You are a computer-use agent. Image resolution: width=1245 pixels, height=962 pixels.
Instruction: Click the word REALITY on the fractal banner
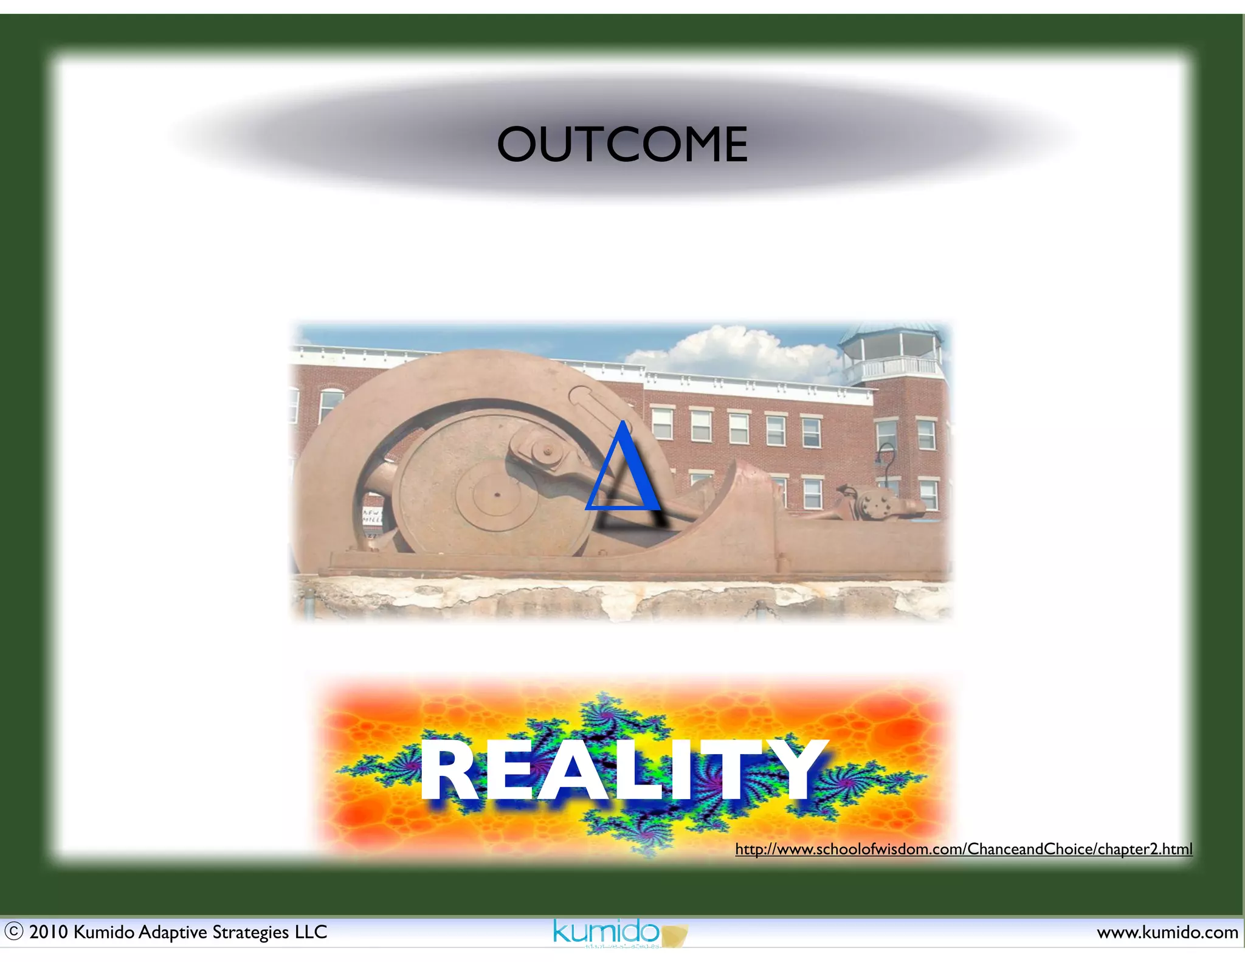point(623,772)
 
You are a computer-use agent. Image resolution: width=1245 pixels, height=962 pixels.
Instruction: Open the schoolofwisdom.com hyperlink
point(964,848)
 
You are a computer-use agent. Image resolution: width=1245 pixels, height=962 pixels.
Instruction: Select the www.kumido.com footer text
point(1167,932)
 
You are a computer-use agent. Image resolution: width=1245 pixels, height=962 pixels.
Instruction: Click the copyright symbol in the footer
point(13,931)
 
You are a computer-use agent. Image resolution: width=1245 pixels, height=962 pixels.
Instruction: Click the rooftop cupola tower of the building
point(892,353)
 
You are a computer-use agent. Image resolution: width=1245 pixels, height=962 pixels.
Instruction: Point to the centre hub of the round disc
point(497,495)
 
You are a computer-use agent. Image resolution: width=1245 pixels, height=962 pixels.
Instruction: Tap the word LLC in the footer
point(311,932)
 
